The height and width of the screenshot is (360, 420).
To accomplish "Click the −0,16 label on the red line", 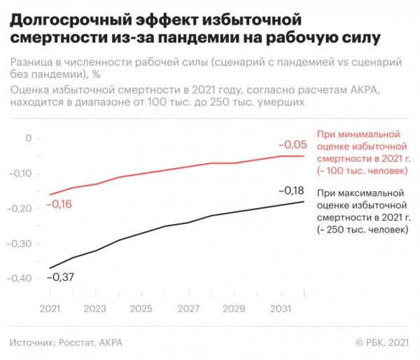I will pos(59,205).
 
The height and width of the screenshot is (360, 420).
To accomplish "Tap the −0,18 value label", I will pos(291,191).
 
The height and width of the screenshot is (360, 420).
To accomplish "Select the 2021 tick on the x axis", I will pos(50,309).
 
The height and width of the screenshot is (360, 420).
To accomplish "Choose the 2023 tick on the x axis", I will pos(96,309).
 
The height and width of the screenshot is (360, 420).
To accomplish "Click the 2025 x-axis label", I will pos(141,309).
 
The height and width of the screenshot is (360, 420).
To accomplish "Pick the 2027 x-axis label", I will pos(187,309).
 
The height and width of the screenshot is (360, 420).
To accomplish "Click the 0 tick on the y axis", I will pos(29,138).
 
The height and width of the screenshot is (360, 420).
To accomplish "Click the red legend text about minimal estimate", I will pos(361,152).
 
